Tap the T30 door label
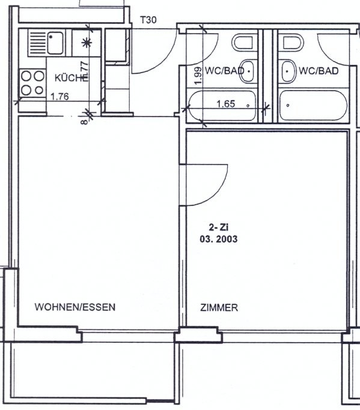tap(148, 20)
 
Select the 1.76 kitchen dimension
tap(59, 96)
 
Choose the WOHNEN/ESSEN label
tap(75, 307)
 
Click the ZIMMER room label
tap(219, 308)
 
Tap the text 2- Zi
tap(219, 228)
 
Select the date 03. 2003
tap(219, 238)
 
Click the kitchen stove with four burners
tap(32, 83)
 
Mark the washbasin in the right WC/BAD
tap(288, 72)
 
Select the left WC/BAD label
tap(225, 71)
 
